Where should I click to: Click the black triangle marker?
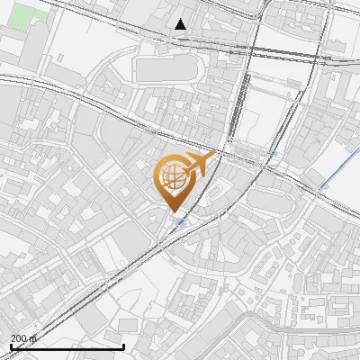[181, 24]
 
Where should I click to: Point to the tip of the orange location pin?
[172, 212]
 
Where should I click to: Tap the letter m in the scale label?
[33, 338]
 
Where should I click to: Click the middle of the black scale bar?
[67, 346]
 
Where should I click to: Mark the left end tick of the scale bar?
[10, 345]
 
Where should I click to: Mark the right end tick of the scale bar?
[123, 345]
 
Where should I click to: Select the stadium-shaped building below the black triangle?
[166, 68]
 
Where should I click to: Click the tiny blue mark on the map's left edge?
[3, 65]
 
